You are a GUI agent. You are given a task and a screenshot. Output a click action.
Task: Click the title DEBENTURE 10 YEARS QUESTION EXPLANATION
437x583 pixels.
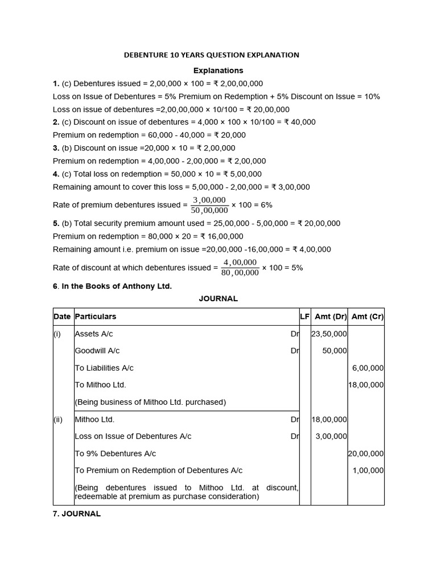coord(211,55)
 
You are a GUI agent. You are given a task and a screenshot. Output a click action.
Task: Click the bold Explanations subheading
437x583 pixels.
coord(218,71)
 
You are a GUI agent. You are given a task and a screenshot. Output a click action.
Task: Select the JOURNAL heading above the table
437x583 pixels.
coord(218,298)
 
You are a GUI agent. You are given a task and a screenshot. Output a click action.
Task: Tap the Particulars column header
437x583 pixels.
coord(96,317)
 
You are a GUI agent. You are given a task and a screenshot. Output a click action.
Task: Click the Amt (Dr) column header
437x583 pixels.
coord(329,317)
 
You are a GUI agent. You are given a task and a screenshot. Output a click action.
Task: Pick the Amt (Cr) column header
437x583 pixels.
coord(367,317)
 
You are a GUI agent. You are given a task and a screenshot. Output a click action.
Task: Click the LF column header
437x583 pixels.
coord(304,317)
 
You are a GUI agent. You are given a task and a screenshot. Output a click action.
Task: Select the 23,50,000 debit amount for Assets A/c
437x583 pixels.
coord(329,334)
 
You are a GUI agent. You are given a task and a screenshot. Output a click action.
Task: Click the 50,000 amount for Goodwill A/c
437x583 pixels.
coord(334,351)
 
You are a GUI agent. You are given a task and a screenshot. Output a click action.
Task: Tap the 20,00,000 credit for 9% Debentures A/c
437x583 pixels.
coord(366,454)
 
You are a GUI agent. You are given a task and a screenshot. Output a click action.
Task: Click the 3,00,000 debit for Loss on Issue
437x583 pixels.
coord(331,437)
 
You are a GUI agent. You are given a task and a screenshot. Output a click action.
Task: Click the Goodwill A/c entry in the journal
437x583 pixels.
coord(97,351)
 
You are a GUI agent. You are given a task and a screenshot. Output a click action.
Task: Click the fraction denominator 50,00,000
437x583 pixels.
coord(209,211)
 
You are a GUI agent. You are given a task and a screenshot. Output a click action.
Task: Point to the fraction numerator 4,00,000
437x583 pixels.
coord(240,262)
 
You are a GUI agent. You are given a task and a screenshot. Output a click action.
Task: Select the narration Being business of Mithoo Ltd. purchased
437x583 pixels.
coord(150,403)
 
